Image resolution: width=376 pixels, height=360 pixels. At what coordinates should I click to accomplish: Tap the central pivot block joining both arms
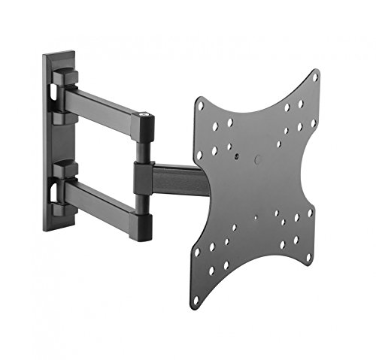pos(143,177)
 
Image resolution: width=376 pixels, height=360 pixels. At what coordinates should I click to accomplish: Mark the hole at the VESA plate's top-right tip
pos(314,77)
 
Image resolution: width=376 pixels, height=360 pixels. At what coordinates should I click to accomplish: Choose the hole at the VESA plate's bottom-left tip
pos(196,300)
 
